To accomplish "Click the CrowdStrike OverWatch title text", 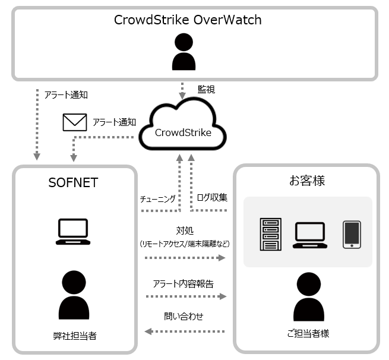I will (187, 20).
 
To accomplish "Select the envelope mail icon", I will (74, 122).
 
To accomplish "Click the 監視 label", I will (206, 90).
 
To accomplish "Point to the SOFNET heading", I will (73, 182).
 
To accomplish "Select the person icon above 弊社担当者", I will (73, 295).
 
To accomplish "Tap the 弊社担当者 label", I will (74, 336).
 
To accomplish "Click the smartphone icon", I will (352, 234).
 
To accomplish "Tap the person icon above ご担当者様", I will (308, 297).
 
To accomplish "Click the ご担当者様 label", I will (308, 334).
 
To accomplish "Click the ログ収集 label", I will (211, 197).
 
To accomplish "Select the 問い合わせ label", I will (184, 317).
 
